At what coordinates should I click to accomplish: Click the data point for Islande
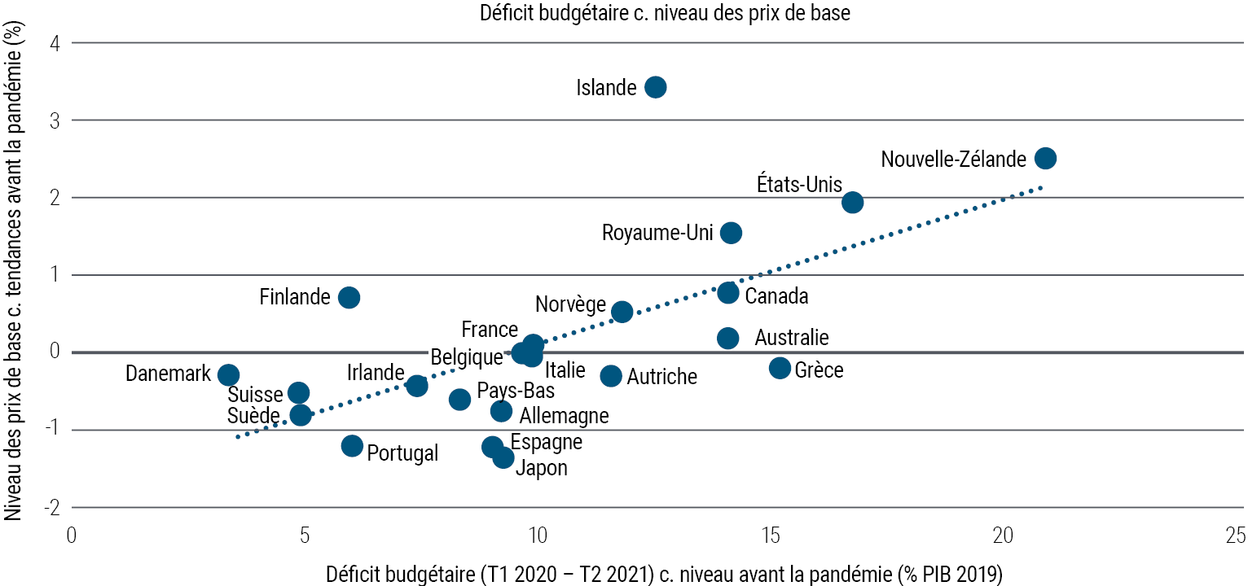(655, 87)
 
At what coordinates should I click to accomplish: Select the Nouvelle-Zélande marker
(1045, 158)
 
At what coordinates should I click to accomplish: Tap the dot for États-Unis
(852, 202)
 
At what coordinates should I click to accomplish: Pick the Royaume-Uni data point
(731, 233)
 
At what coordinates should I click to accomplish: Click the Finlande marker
(349, 297)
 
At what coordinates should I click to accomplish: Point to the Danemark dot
(229, 374)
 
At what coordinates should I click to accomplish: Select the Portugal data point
(352, 445)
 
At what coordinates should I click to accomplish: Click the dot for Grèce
(780, 368)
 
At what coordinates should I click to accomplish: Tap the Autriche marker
(611, 375)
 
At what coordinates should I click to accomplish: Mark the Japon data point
(503, 457)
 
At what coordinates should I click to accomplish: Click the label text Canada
(776, 296)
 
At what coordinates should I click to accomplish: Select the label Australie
(791, 337)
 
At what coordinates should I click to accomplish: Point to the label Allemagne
(564, 416)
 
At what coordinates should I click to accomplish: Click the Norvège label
(570, 305)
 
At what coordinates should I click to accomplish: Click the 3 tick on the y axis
(54, 120)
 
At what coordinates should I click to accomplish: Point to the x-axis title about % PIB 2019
(664, 573)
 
